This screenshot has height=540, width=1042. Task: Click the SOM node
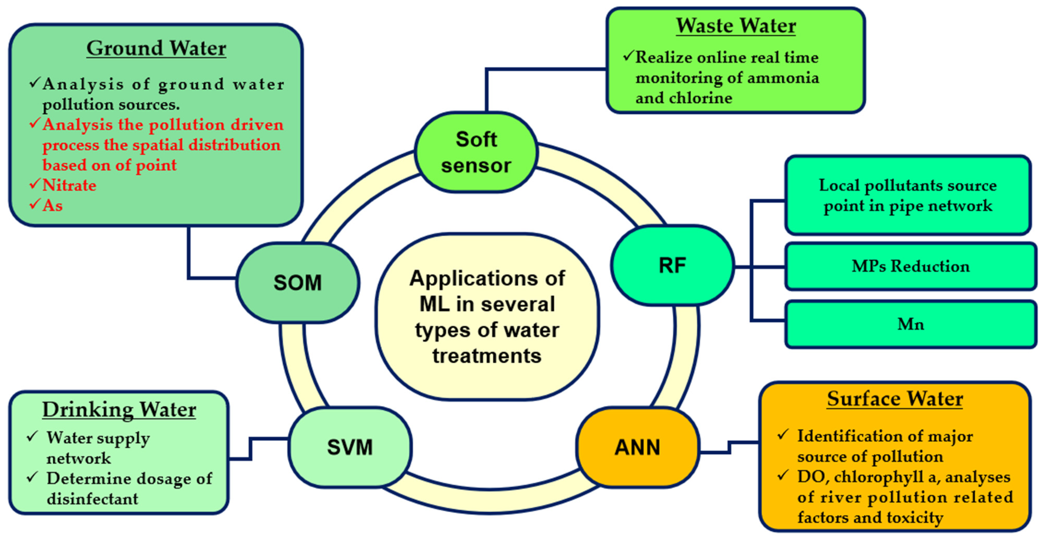[x=298, y=283]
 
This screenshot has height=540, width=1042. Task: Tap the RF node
[x=672, y=265]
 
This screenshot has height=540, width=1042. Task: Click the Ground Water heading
[x=156, y=48]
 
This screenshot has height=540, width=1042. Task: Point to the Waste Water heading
[x=736, y=26]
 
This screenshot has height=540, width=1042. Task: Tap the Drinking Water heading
[x=119, y=410]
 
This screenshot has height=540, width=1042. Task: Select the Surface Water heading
[x=895, y=399]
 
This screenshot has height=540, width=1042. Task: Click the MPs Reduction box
[x=911, y=266]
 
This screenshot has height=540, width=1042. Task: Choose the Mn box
[x=911, y=324]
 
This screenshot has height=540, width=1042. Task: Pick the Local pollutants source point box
[x=908, y=195]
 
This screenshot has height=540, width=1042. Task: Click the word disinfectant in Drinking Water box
[x=92, y=499]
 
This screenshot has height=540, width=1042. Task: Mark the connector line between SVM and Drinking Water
[x=251, y=449]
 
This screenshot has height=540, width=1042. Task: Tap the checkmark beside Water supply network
[x=32, y=437]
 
